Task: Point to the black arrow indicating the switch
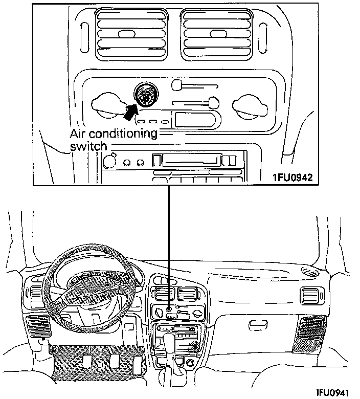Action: [x=131, y=108]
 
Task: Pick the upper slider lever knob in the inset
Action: [x=177, y=84]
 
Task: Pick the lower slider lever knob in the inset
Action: [x=214, y=103]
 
